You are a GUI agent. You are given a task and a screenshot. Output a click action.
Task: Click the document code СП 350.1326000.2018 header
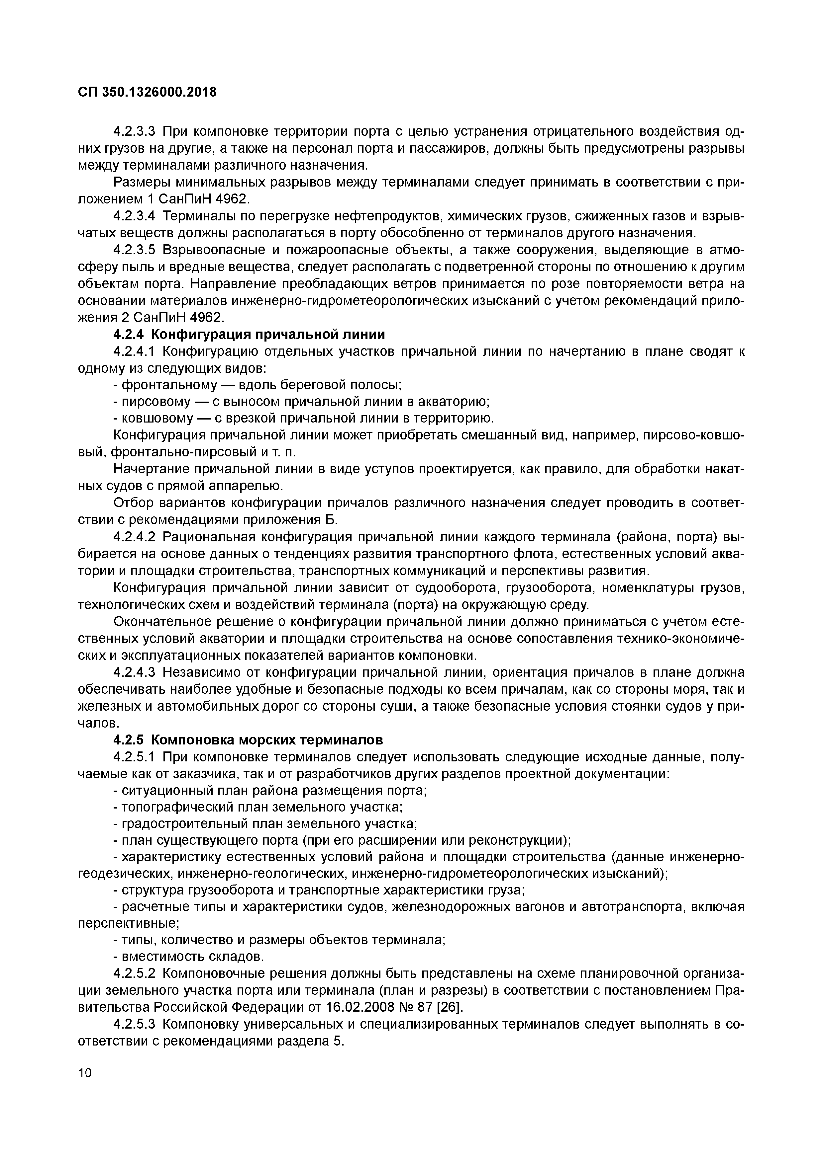point(147,92)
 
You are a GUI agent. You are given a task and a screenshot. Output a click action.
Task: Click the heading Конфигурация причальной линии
point(268,335)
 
